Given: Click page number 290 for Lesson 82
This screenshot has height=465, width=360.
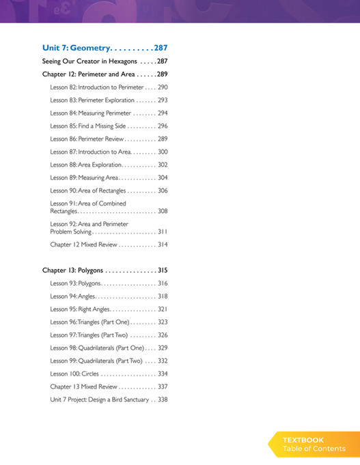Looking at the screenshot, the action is click(162, 87).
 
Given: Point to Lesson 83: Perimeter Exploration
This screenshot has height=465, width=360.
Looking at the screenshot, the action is click(92, 100).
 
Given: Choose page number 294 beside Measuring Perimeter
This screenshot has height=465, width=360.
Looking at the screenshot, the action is click(162, 113).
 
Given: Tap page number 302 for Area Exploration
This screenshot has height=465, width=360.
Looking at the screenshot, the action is click(162, 165).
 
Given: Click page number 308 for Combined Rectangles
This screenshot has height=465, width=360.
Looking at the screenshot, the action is click(162, 212).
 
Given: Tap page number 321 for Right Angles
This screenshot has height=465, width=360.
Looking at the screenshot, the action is click(162, 309).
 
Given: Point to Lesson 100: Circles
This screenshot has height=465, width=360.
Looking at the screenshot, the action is click(74, 374).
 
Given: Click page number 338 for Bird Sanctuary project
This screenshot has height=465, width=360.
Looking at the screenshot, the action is click(162, 399).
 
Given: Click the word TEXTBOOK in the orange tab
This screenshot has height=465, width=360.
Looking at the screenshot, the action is click(303, 440).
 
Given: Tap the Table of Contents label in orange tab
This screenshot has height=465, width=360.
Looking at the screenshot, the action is click(314, 449).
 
